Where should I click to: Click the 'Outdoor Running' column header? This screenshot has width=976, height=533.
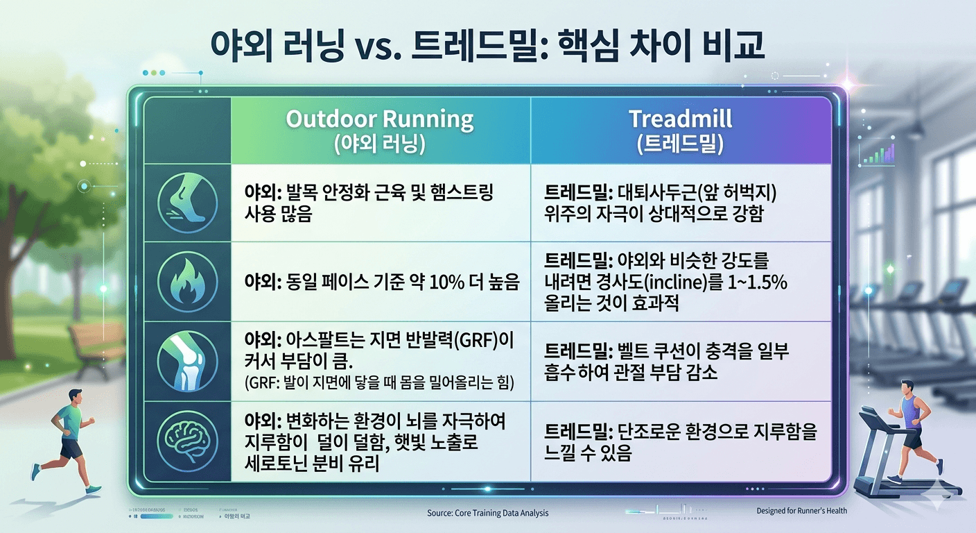pos(380,119)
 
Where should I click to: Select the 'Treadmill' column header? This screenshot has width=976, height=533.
pos(680,119)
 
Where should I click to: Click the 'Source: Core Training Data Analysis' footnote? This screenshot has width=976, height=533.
pos(487,513)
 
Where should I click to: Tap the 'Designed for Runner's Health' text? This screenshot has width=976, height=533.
pos(801,511)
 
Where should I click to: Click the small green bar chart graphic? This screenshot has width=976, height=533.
pos(876,154)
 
